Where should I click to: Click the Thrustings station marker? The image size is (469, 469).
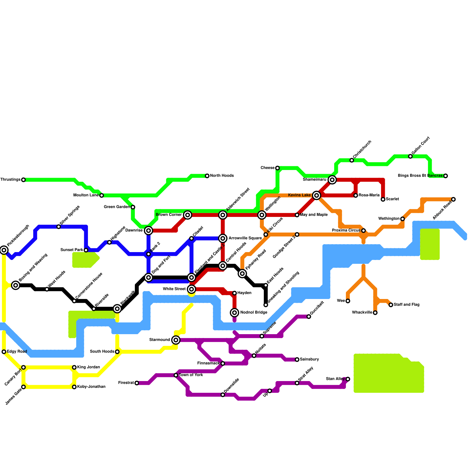pos(23,180)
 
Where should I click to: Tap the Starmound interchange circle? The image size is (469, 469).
pos(176,340)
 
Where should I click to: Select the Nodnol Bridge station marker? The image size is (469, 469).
pos(235,313)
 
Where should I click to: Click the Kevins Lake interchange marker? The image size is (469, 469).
pos(316,195)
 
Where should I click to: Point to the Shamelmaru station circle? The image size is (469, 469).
pos(332,180)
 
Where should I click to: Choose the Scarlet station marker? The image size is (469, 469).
pos(383,199)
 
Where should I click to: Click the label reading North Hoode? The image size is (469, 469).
pos(222,176)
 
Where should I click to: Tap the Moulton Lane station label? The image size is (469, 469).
pos(86,195)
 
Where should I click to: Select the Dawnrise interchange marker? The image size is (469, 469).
pos(149,231)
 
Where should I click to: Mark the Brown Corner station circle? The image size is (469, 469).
pos(188,215)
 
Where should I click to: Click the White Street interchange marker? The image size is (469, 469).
pos(191,289)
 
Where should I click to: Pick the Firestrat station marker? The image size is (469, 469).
pos(137,383)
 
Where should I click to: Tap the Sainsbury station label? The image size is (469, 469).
pos(309,359)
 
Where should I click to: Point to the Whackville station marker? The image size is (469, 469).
pos(375,313)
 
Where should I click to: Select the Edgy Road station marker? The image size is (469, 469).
pos(4,352)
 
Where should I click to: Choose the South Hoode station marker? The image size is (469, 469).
pos(117,352)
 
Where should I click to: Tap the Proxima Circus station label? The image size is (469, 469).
pos(346,230)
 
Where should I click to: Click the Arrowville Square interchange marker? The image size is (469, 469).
pos(223,238)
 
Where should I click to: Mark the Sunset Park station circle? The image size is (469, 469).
pos(86,250)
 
